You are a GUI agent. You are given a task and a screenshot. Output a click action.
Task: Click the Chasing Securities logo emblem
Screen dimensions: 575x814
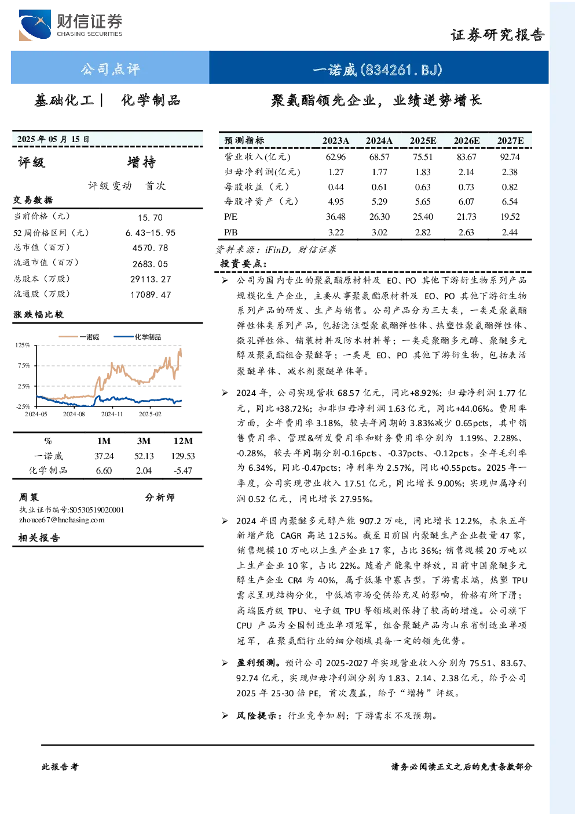35,25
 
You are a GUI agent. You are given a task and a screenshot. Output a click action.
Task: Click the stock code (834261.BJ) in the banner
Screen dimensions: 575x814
401,70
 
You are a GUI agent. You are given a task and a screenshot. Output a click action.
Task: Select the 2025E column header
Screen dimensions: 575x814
423,141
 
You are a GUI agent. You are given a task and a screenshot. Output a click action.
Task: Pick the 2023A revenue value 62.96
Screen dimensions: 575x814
336,157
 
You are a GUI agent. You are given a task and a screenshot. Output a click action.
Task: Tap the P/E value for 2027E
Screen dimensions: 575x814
510,217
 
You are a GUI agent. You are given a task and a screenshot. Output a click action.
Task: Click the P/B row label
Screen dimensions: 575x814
231,232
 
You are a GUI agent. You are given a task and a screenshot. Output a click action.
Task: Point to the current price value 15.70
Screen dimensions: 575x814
150,217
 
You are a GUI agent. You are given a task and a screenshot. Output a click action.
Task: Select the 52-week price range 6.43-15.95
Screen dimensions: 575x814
151,233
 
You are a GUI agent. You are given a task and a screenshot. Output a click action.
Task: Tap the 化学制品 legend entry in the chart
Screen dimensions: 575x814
137,337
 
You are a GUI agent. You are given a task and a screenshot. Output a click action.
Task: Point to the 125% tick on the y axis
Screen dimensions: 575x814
23,345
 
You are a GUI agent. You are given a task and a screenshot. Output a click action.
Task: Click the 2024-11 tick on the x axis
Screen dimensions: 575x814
112,414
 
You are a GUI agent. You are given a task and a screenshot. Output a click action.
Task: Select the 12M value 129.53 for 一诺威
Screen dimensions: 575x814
183,456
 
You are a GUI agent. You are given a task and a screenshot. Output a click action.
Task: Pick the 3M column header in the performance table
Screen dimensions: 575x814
144,441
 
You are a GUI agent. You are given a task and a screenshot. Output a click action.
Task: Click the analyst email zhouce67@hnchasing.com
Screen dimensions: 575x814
62,520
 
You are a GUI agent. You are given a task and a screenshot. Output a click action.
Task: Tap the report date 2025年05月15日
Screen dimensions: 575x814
53,139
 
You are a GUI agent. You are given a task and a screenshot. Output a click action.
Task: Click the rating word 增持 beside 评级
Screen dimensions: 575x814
141,162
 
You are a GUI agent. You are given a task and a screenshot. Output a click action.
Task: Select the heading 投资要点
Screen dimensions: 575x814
243,263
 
